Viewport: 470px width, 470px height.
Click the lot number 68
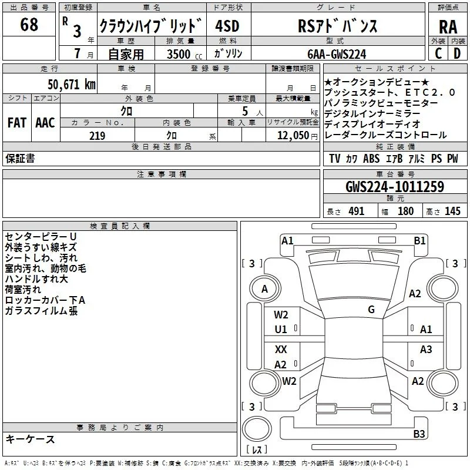tap(29, 24)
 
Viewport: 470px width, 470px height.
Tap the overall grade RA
tap(448, 27)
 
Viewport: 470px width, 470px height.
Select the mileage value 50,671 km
tap(72, 85)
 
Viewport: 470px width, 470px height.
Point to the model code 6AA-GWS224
tap(337, 54)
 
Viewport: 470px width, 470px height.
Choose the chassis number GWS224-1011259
tap(395, 186)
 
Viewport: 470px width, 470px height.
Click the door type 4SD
tap(227, 26)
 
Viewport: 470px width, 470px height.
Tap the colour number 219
tap(97, 136)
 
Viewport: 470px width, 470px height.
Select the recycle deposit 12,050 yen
tap(297, 136)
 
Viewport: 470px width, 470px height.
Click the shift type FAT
tap(17, 123)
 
